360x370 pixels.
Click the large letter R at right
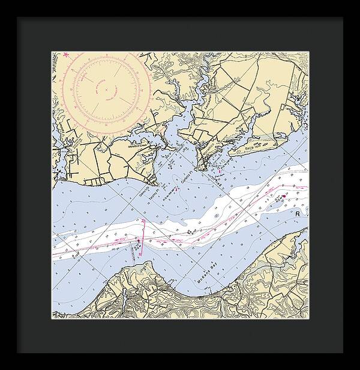coord(296,213)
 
